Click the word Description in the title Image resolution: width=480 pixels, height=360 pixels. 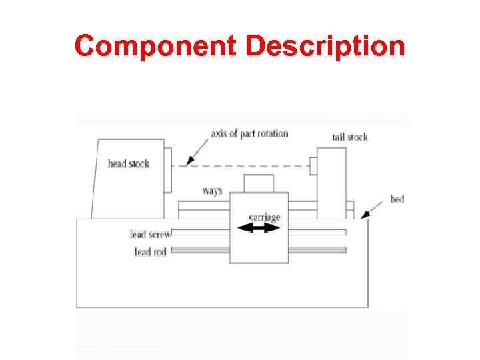point(325,47)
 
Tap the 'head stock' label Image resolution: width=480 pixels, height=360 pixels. point(129,163)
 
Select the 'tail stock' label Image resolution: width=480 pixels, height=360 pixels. point(350,137)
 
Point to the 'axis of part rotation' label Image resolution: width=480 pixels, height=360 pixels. point(249,133)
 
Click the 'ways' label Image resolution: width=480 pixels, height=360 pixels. point(212,191)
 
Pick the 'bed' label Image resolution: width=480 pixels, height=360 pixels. point(397,199)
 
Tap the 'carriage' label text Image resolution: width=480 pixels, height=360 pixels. point(264,217)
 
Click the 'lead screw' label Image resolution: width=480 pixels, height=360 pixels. point(151,234)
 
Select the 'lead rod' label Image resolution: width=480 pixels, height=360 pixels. point(151,252)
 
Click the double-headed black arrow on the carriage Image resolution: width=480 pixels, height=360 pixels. point(259,228)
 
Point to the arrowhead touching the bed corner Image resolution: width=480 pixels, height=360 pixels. point(364,215)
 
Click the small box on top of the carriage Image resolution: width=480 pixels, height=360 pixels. point(259,183)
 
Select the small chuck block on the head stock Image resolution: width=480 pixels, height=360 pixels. point(168,158)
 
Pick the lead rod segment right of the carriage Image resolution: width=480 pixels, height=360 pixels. point(317,250)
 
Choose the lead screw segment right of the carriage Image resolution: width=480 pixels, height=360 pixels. point(317,232)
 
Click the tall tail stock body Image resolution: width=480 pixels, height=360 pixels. point(331,183)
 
